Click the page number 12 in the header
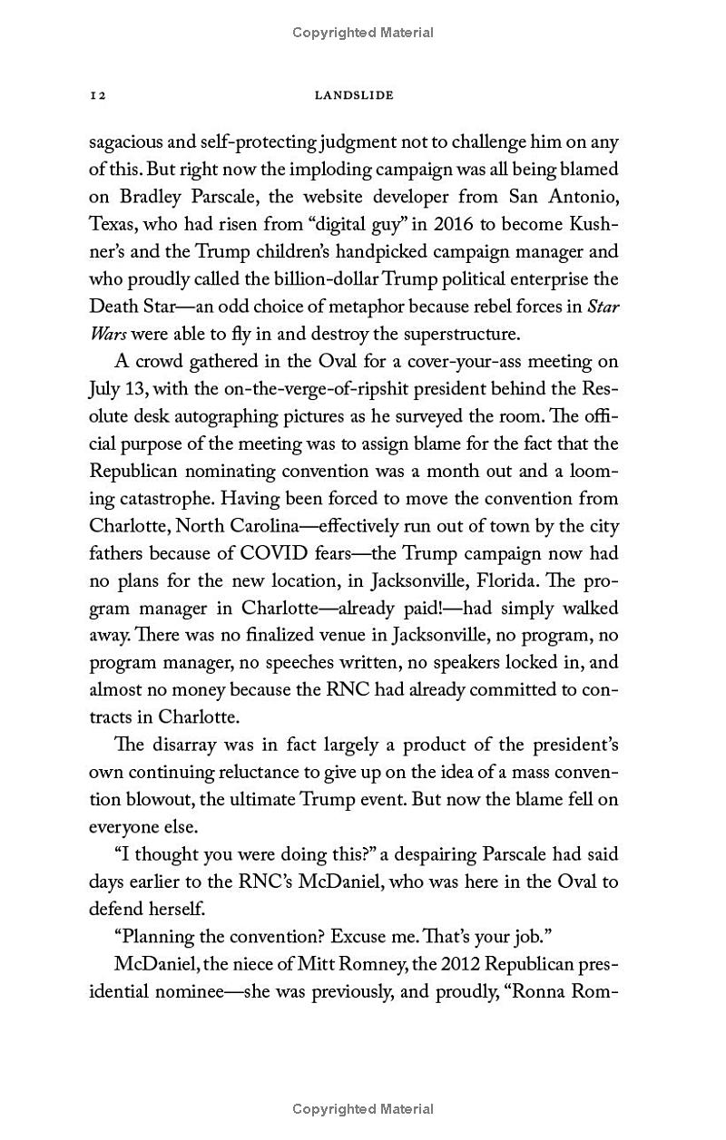99,94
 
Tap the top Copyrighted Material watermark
363,33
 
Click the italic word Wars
108,333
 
